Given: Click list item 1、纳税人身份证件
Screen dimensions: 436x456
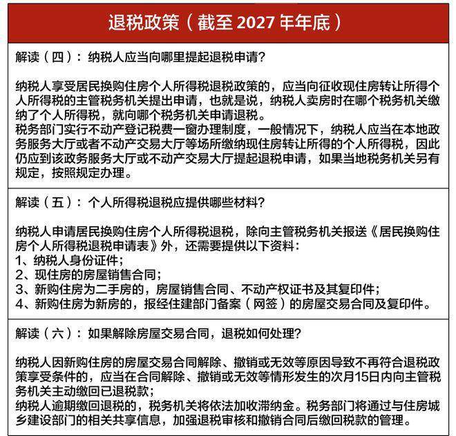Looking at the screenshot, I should point(69,261).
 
